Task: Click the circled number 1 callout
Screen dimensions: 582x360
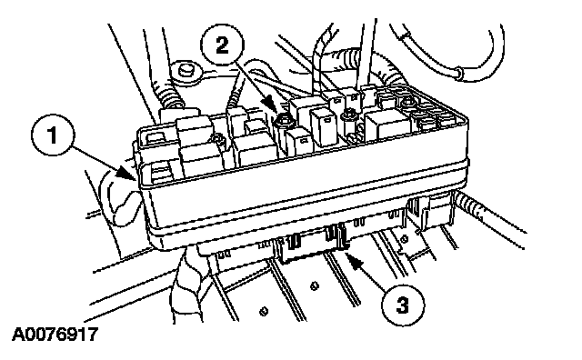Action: [53, 135]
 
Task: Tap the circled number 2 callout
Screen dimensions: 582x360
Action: [222, 45]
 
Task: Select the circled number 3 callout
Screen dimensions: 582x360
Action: [403, 305]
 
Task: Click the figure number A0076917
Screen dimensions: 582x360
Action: [55, 335]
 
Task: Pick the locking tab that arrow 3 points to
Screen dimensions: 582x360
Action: [342, 236]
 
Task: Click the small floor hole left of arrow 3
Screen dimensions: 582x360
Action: [315, 285]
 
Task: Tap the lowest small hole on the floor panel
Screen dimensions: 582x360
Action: [264, 311]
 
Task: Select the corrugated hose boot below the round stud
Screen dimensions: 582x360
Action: [171, 97]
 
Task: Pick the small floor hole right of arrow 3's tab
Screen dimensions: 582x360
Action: [405, 239]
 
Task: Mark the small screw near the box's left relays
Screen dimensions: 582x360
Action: [216, 140]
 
